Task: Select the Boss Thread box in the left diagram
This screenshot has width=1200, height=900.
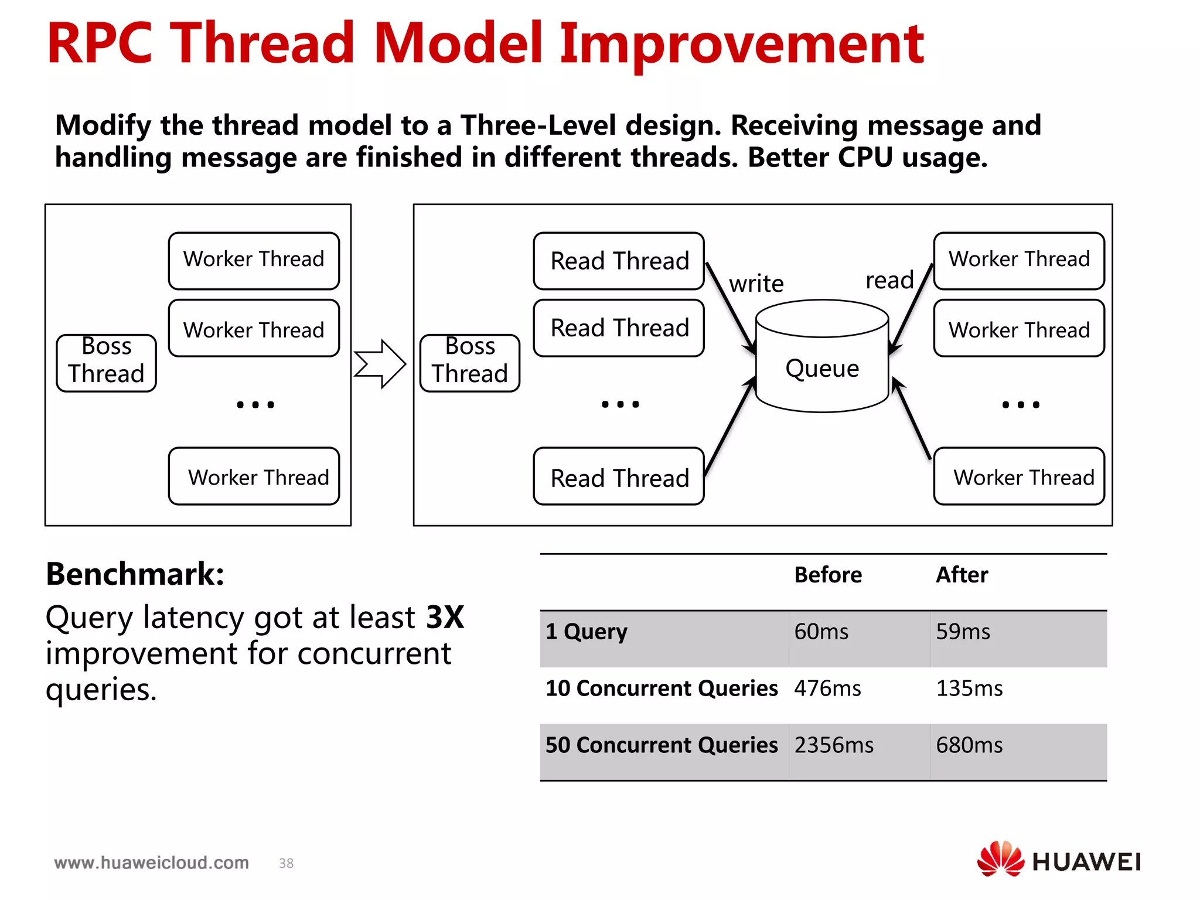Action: click(106, 363)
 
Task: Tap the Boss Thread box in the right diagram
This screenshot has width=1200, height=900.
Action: click(470, 363)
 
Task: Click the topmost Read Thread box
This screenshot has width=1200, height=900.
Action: click(619, 261)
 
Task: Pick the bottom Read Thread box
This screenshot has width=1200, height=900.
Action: click(619, 476)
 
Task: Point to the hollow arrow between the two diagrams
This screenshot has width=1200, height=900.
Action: click(380, 364)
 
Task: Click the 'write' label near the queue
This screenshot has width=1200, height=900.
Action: click(756, 284)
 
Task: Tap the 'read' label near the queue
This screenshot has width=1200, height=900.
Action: click(889, 280)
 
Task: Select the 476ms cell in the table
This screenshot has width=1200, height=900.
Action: click(827, 688)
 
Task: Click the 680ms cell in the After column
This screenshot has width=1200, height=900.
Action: click(969, 745)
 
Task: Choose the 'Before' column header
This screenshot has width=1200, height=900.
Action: click(827, 575)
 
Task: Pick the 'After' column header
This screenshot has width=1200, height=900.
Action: click(962, 575)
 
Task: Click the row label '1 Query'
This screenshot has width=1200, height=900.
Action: click(587, 632)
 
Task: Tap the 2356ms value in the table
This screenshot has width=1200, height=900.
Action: click(834, 745)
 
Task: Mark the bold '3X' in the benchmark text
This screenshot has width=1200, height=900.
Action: click(445, 617)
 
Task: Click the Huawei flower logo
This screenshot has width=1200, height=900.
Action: click(1000, 859)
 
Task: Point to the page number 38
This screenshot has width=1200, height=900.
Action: click(286, 863)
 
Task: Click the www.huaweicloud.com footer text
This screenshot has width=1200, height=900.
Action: click(152, 862)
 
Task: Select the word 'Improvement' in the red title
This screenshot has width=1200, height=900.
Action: click(742, 43)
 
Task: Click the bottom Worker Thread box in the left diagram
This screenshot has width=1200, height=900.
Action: click(254, 476)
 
